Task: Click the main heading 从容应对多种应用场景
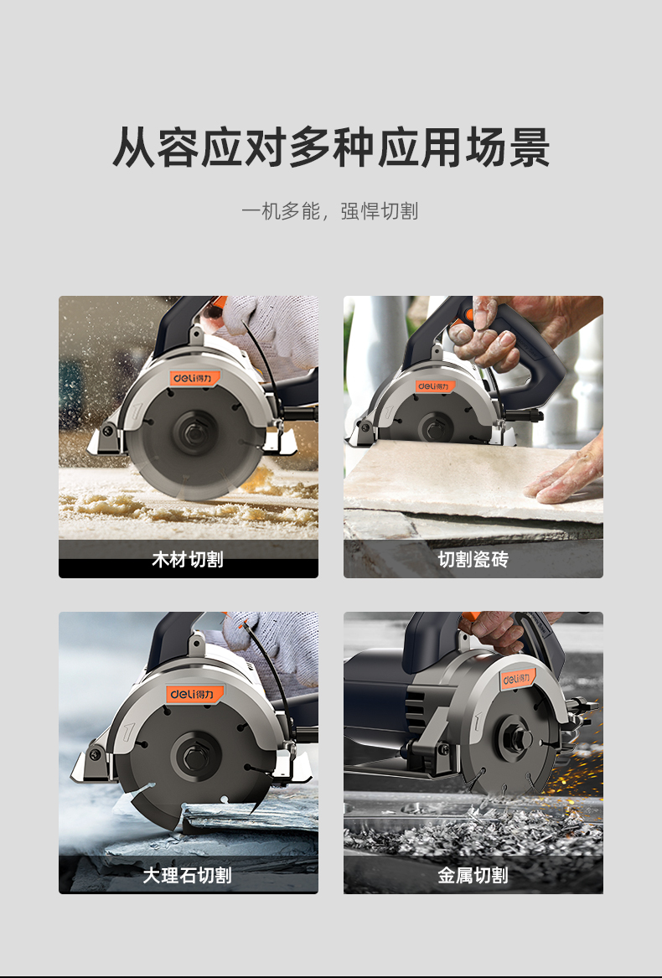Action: click(331, 147)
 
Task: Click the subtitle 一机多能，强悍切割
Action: click(329, 211)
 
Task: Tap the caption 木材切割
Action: click(188, 559)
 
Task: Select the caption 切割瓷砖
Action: click(473, 559)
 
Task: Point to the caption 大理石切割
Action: click(188, 875)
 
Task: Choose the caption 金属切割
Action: click(473, 875)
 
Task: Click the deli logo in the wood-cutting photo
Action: click(195, 378)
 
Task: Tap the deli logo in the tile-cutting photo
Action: click(435, 386)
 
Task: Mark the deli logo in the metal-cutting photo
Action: click(517, 679)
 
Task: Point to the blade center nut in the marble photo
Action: click(194, 757)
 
